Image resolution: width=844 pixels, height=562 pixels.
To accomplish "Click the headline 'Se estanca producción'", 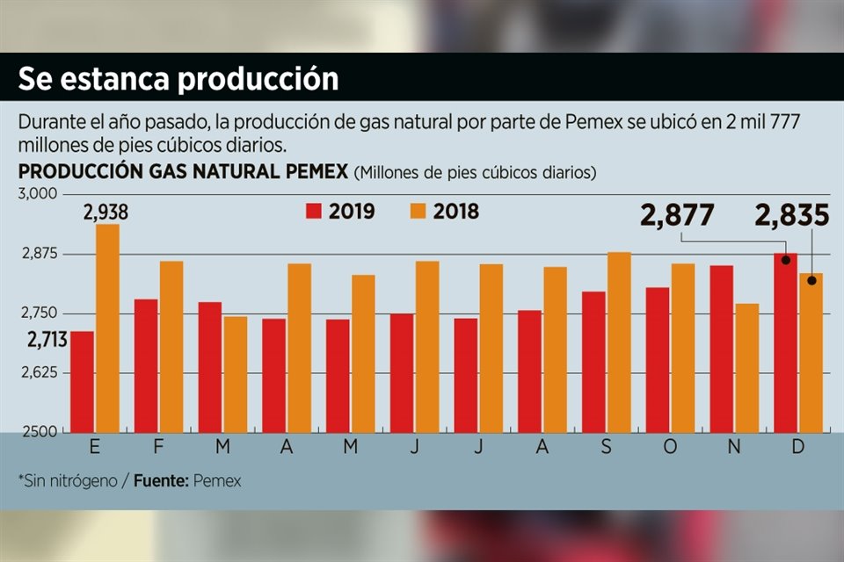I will [x=178, y=78].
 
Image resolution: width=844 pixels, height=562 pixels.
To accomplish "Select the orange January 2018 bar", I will [x=107, y=328].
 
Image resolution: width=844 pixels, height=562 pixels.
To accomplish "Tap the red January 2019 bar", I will [x=82, y=382].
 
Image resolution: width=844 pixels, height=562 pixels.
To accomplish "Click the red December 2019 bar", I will [x=785, y=342].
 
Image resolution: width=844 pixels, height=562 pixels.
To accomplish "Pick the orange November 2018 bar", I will [x=747, y=368].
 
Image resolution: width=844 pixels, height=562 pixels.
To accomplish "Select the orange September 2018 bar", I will [x=619, y=342].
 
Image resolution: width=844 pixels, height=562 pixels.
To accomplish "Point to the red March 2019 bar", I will [x=210, y=367].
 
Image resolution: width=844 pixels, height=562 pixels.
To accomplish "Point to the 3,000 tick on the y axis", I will [x=37, y=194].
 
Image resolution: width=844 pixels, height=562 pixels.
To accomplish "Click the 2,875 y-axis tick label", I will [x=38, y=255].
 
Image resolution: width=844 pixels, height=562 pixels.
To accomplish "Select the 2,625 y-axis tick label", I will [x=38, y=373].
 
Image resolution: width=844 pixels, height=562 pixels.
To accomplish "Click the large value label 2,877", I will [x=677, y=216].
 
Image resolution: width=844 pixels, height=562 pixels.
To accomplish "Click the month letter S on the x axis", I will [x=607, y=447].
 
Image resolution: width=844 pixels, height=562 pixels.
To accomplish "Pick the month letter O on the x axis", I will [x=671, y=447].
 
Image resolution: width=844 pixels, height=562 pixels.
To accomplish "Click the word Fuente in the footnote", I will [x=163, y=481].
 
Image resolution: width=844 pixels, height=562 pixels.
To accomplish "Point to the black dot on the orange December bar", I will [x=811, y=281].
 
